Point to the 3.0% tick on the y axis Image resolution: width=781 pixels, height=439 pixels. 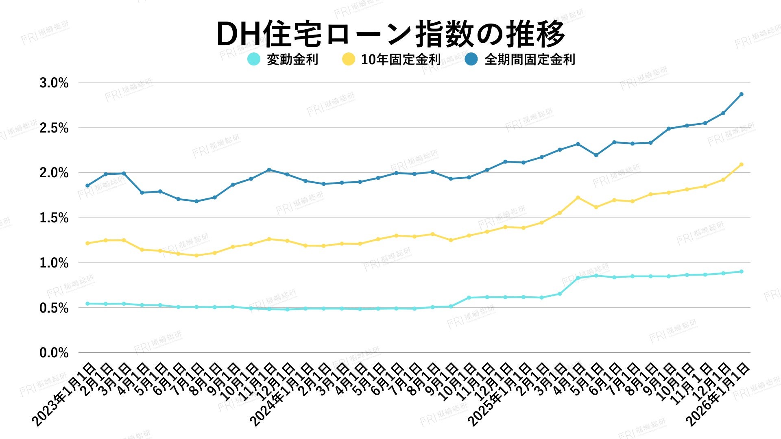point(54,83)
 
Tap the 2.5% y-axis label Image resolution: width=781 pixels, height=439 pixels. point(54,128)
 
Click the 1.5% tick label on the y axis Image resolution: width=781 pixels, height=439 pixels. point(54,218)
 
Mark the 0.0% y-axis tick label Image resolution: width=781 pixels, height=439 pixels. point(54,353)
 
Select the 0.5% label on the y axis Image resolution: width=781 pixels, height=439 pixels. point(54,308)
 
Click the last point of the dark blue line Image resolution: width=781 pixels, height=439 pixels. point(741,94)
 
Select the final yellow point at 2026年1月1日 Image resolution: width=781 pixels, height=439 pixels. point(741,164)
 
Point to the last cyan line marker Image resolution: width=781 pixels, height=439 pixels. point(741,272)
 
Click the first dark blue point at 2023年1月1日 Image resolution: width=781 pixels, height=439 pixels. point(87,186)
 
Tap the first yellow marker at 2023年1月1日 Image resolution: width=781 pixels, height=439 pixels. point(87,243)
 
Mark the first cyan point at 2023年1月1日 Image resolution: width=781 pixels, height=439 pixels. point(87,304)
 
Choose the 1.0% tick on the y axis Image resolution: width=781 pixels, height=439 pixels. point(54,263)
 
